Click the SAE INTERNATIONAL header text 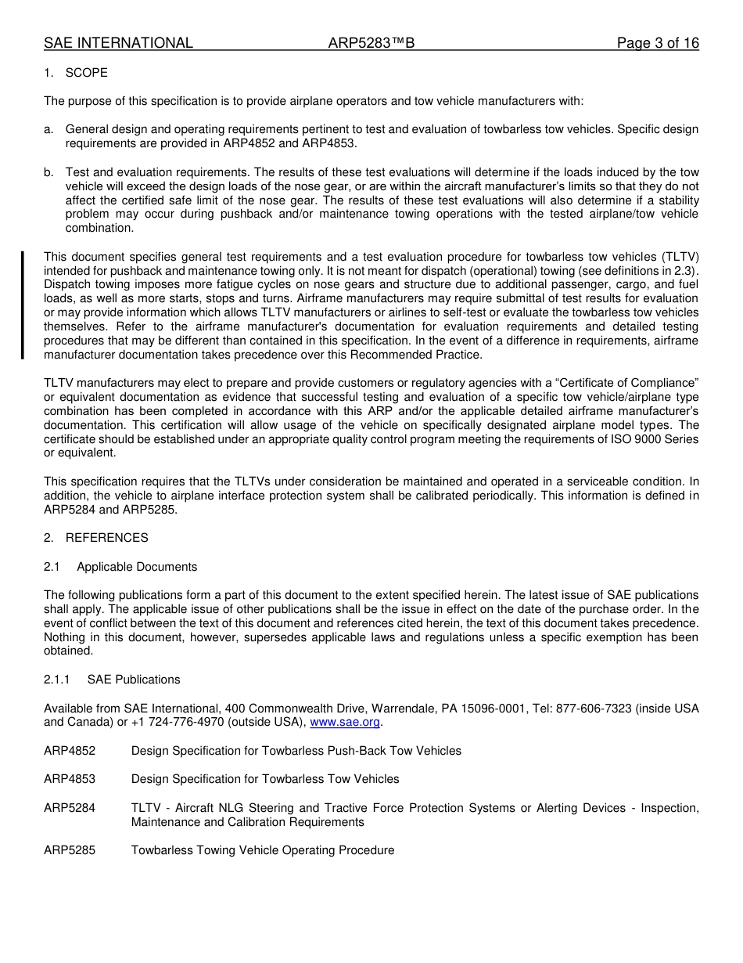[118, 43]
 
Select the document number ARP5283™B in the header [371, 43]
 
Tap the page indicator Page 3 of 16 [657, 43]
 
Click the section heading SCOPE [86, 73]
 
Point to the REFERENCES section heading [106, 538]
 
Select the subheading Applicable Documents [137, 567]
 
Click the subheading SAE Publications [134, 680]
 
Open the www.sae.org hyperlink [345, 722]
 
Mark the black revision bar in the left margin [23, 305]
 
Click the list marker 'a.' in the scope [49, 129]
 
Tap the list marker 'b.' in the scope [49, 172]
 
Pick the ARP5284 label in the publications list [70, 808]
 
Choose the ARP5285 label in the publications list [70, 850]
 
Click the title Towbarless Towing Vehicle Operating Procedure [263, 850]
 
